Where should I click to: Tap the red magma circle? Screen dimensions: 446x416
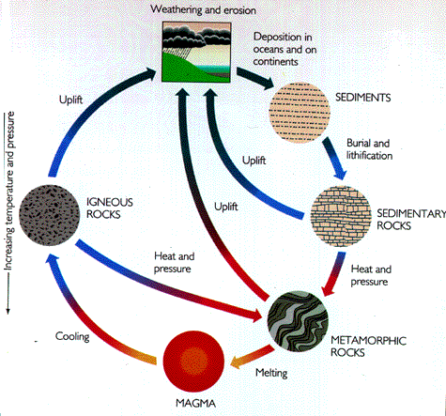tap(193, 361)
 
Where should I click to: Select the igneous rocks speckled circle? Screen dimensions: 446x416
tap(50, 215)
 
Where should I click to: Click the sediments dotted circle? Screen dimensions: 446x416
tap(300, 113)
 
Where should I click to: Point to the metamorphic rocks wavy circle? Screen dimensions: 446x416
tap(298, 321)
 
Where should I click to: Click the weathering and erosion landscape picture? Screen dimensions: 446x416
tap(196, 52)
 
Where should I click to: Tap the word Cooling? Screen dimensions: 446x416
tap(72, 337)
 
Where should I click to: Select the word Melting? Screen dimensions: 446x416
tap(271, 373)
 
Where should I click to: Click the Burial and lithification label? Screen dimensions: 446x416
tap(369, 149)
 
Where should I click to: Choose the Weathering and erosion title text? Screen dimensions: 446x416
tap(203, 9)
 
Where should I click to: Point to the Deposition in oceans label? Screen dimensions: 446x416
tap(285, 49)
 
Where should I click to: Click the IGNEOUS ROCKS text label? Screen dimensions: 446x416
tap(110, 208)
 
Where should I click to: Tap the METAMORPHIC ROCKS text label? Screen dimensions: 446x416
tap(368, 347)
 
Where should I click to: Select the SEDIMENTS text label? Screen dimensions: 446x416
tap(363, 98)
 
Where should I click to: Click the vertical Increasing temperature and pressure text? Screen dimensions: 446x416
tap(9, 192)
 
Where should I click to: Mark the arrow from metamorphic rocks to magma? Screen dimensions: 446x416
tap(253, 356)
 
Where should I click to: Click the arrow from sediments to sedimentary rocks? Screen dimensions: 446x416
tap(335, 159)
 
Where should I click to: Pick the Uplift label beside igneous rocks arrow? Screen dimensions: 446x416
tap(71, 100)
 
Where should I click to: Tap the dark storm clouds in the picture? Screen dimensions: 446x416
tap(195, 36)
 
